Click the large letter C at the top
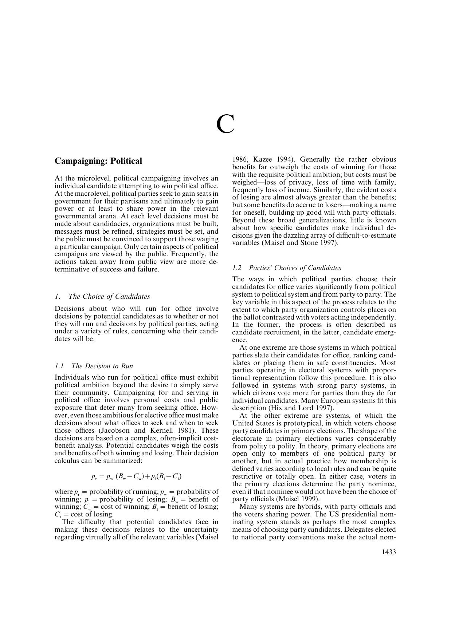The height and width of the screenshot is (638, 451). [225, 124]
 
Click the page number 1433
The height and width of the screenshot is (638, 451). [388, 552]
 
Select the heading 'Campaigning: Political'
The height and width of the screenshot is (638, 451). [98, 161]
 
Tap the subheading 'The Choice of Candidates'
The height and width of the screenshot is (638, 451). [109, 296]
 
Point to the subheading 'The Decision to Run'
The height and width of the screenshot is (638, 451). [102, 366]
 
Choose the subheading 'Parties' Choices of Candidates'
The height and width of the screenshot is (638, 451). [295, 268]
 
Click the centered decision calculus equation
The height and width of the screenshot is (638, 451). [136, 476]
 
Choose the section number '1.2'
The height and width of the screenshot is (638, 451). [237, 268]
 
